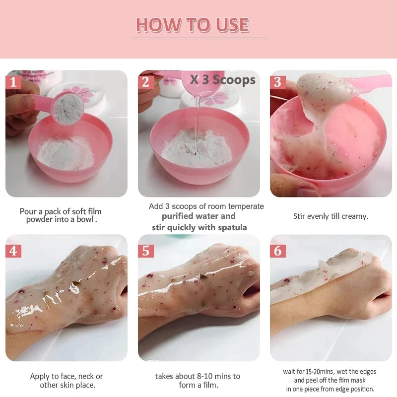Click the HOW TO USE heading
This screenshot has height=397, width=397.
[x=193, y=25]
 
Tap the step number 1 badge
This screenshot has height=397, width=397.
[x=13, y=81]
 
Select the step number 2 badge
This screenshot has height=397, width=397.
[x=145, y=81]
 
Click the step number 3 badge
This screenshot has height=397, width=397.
[x=278, y=81]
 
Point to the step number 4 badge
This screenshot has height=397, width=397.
[x=13, y=251]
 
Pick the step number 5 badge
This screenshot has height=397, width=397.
[x=145, y=251]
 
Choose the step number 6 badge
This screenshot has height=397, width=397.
[x=278, y=251]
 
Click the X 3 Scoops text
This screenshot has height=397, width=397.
[x=223, y=80]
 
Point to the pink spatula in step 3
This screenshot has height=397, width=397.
[x=367, y=81]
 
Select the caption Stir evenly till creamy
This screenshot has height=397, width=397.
[x=331, y=216]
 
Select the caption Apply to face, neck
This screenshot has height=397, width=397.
[x=66, y=376]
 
